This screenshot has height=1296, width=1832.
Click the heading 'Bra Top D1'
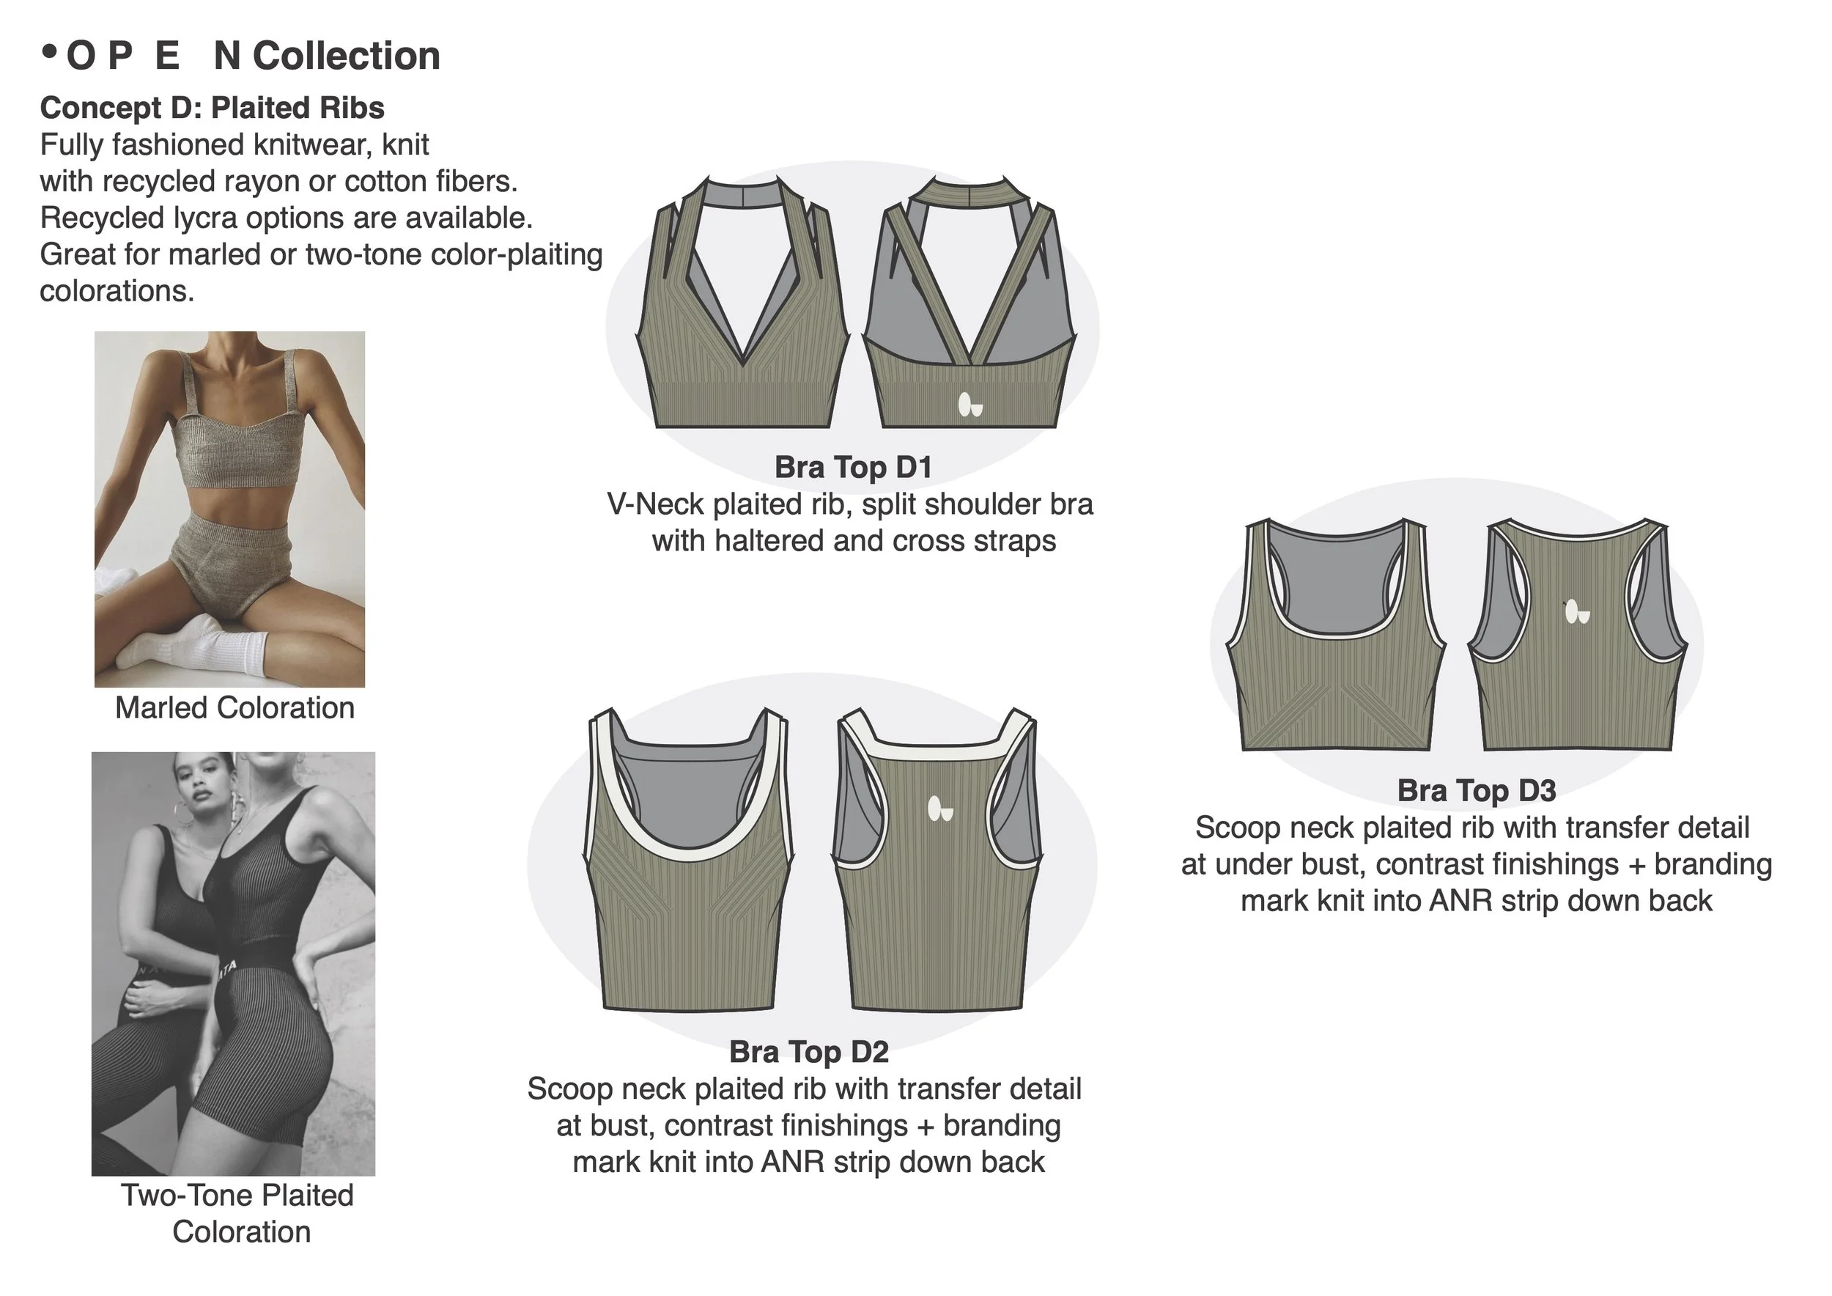click(x=853, y=467)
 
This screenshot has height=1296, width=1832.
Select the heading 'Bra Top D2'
click(x=808, y=1052)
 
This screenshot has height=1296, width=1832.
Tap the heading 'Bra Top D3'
click(x=1476, y=790)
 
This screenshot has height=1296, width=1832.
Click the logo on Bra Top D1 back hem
click(x=969, y=405)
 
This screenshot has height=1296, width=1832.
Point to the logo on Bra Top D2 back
click(x=940, y=809)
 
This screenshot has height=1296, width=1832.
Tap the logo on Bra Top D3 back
click(x=1577, y=612)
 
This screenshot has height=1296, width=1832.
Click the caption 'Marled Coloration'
click(x=234, y=708)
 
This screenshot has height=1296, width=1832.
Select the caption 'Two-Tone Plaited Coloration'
click(x=237, y=1213)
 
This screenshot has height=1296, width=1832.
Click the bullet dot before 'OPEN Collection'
click(x=51, y=53)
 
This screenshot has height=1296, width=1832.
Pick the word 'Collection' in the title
click(x=347, y=56)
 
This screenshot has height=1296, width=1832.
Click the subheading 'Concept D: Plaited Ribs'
click(x=213, y=108)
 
